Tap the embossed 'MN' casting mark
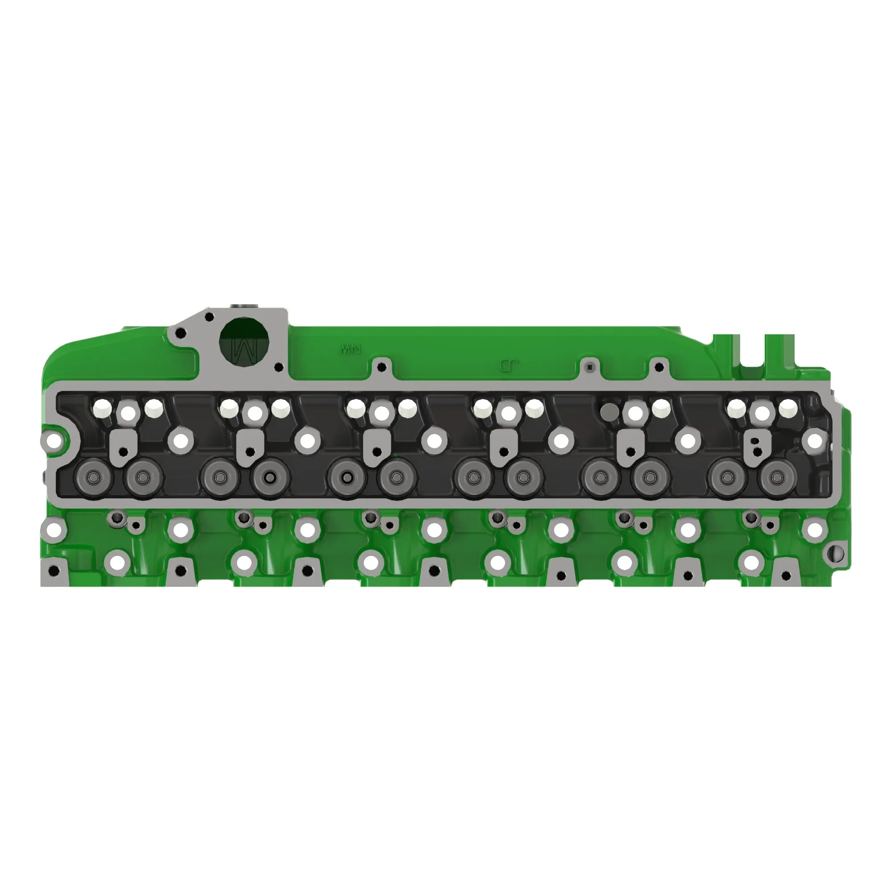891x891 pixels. point(351,349)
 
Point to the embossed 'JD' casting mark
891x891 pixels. point(509,366)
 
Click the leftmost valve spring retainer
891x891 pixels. point(94,478)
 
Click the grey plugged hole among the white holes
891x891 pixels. point(610,409)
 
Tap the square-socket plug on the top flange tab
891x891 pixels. point(589,367)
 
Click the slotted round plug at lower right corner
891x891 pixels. point(836,553)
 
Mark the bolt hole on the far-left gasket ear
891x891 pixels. point(54,441)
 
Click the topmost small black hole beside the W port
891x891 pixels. point(209,317)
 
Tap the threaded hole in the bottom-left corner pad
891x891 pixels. point(54,571)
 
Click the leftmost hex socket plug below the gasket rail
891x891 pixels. point(118,519)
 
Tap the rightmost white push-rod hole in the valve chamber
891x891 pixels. point(788,407)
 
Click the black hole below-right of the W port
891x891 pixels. point(278,368)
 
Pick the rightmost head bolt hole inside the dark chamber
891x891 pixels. point(814,441)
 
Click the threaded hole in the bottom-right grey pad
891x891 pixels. point(785,576)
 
